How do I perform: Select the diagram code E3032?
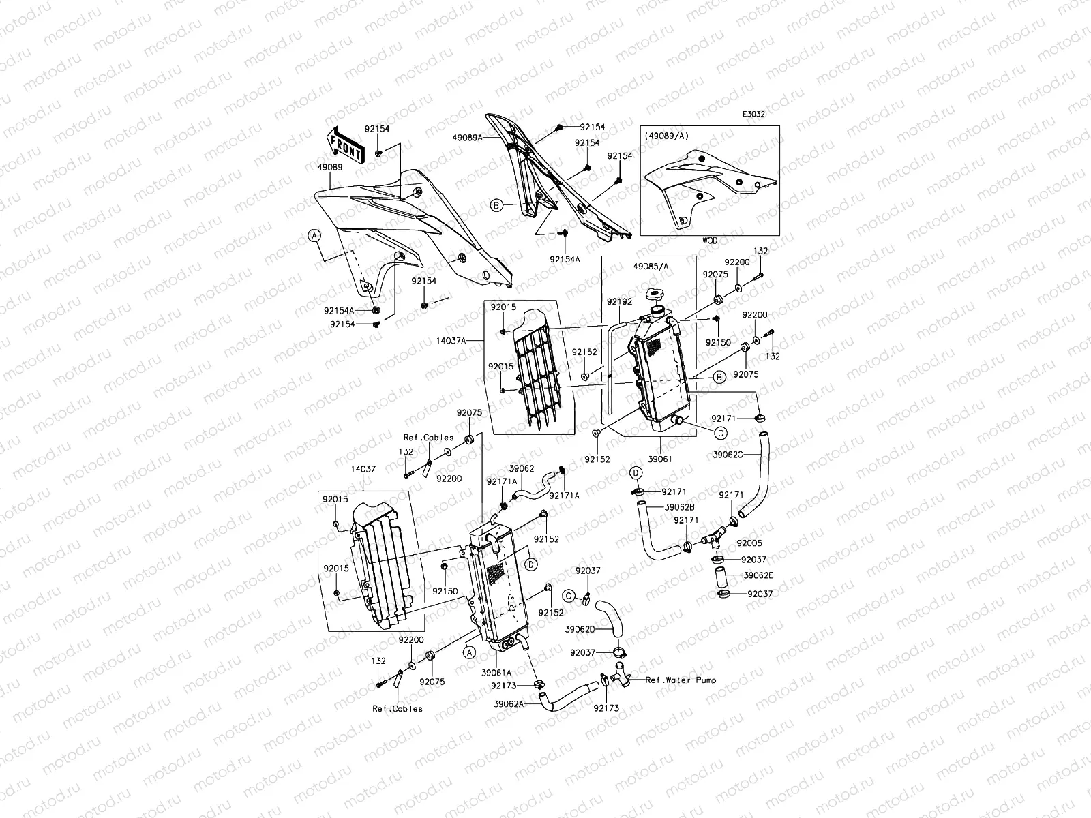(x=753, y=115)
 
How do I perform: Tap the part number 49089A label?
(x=467, y=137)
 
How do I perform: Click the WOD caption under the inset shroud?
(x=709, y=241)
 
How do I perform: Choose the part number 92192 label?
(x=616, y=300)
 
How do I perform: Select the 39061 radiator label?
(x=661, y=459)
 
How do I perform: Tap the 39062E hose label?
(x=758, y=575)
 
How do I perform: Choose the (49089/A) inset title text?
(x=667, y=136)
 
